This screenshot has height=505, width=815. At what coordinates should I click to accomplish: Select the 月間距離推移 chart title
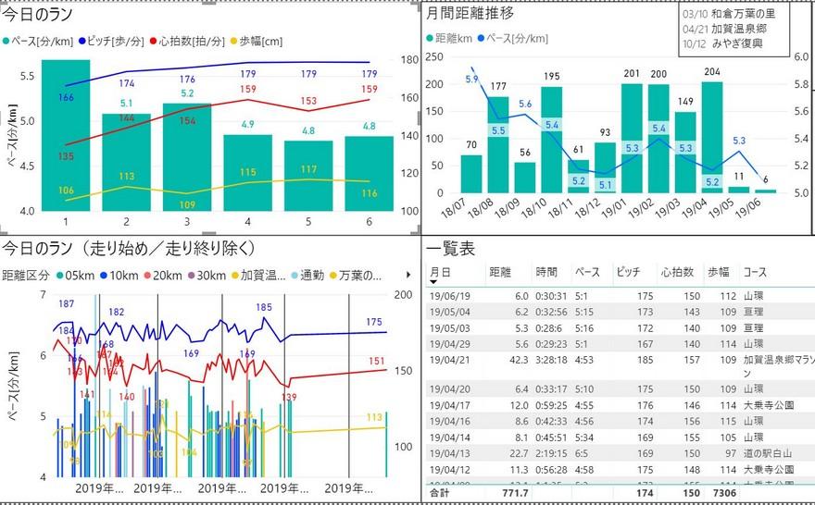point(470,13)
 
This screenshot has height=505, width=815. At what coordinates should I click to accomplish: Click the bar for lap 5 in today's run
point(310,176)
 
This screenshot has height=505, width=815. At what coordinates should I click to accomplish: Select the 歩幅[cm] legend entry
point(259,42)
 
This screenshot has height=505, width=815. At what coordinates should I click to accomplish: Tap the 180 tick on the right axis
point(408,59)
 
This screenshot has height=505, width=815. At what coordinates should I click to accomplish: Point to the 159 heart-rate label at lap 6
point(369,89)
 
